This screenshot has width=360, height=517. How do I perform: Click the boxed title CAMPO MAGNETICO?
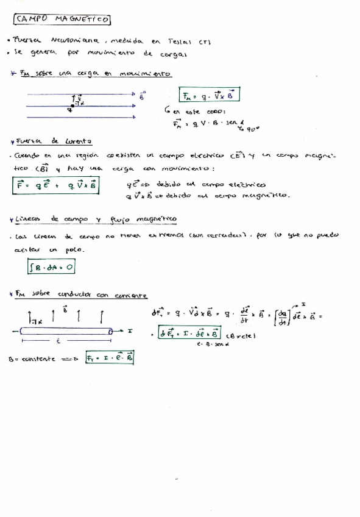pos(62,20)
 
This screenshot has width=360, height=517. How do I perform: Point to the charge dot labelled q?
pos(72,106)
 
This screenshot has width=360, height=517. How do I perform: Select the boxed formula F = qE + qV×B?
pos(57,185)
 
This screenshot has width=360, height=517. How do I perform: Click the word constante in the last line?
pos(40,360)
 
